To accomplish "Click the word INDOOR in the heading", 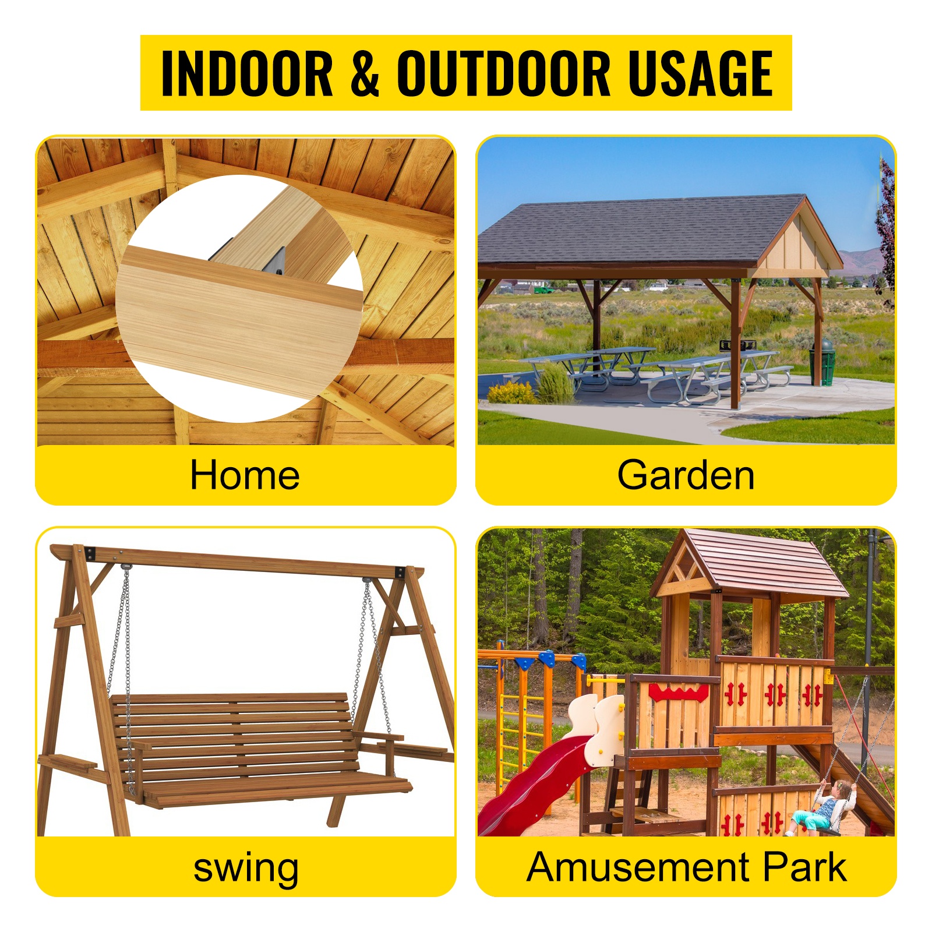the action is click(246, 73).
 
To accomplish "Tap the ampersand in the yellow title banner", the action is click(365, 73).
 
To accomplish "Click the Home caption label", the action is click(245, 475).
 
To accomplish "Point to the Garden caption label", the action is click(686, 475).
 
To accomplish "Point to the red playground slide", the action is click(536, 783).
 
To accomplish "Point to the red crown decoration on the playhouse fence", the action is click(678, 693).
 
